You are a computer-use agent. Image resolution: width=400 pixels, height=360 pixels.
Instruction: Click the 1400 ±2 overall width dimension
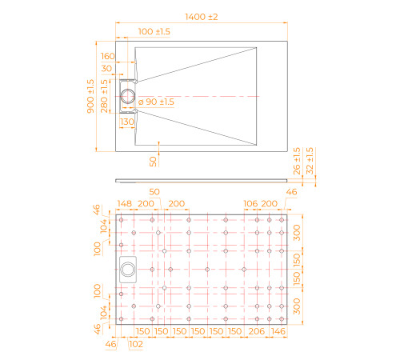click(x=202, y=17)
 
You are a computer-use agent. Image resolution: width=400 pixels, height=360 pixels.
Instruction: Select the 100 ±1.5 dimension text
click(x=154, y=32)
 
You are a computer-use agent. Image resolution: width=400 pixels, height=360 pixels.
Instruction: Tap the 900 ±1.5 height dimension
click(x=90, y=96)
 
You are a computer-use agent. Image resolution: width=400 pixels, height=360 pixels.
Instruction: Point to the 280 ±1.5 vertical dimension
click(x=104, y=96)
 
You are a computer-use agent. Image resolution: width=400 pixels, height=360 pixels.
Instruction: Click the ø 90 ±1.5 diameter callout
click(x=156, y=102)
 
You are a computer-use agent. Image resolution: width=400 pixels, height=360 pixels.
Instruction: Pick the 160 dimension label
click(x=108, y=56)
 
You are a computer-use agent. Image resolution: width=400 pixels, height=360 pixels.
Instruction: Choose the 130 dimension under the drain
click(x=127, y=122)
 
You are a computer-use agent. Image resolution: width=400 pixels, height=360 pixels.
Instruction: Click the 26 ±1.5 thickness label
click(x=297, y=161)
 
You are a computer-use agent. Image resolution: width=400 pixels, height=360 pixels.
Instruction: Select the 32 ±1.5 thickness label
click(x=310, y=161)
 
